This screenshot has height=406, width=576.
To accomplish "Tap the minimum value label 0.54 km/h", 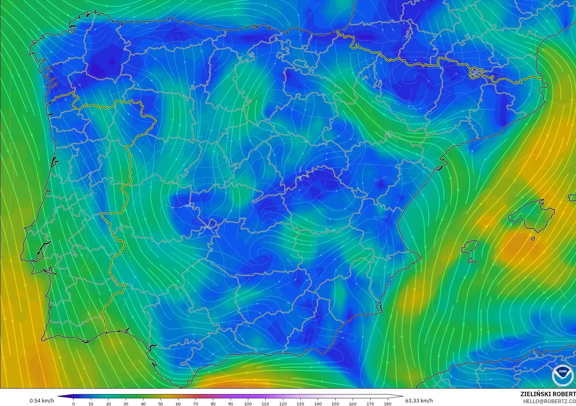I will coord(42,401).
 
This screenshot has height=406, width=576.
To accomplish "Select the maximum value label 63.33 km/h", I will coord(419,401).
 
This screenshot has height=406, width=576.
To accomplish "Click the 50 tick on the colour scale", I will coord(161,403).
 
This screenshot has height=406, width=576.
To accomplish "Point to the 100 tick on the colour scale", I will coord(248,403).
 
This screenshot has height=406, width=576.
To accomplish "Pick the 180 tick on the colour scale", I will coord(388,403).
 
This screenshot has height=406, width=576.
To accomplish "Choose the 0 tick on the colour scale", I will coord(73,403).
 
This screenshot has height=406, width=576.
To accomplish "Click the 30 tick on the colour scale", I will coord(126,403).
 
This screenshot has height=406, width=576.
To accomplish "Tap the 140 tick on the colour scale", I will coord(318,403).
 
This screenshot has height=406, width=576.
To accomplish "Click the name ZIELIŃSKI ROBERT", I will coord(548,394).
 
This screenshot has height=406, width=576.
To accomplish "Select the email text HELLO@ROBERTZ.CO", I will coord(549,402).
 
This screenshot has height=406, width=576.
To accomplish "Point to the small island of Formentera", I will coord(472,261).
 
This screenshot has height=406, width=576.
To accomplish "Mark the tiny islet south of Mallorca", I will coord(533,239).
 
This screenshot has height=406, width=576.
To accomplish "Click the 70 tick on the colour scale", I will coord(196,403).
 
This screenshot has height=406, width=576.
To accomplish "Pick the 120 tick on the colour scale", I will coord(283,403).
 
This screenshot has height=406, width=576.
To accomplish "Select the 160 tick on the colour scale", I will coord(353,403).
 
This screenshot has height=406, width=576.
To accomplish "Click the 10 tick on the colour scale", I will coord(91,403).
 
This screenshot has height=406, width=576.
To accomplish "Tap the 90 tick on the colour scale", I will coord(231,403).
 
